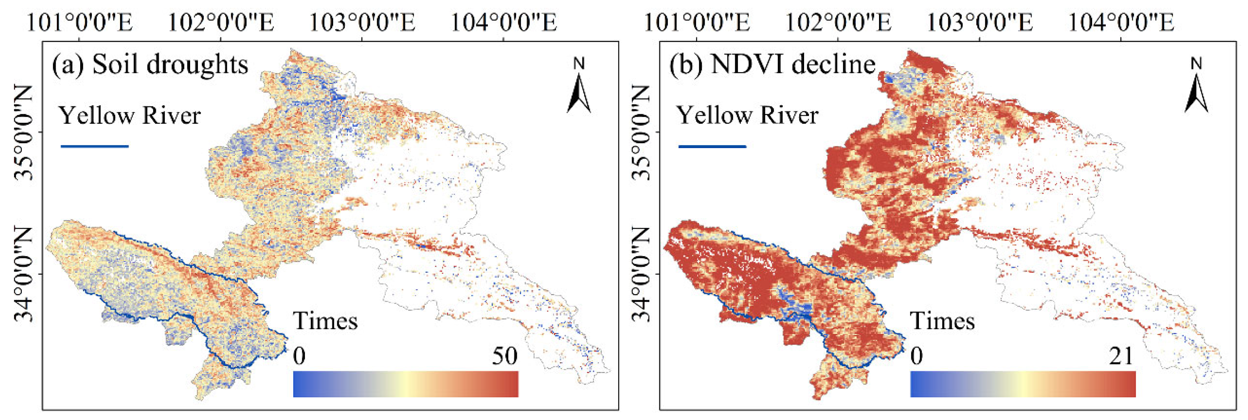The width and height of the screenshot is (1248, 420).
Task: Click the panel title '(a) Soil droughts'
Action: click(x=150, y=65)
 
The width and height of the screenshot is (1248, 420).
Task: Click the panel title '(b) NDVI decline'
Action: click(x=772, y=65)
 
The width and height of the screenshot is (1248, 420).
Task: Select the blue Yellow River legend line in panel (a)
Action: click(x=95, y=146)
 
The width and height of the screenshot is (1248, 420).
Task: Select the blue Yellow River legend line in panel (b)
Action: click(x=712, y=146)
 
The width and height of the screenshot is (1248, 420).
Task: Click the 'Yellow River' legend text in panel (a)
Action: click(x=129, y=116)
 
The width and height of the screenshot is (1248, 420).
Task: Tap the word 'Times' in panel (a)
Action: click(x=325, y=321)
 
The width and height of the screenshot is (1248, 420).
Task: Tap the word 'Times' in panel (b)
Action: click(x=942, y=321)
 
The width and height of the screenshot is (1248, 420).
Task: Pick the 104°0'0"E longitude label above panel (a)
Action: click(x=504, y=22)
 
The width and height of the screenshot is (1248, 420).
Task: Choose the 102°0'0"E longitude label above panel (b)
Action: click(x=838, y=22)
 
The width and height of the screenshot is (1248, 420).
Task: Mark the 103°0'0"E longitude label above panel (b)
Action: click(x=980, y=22)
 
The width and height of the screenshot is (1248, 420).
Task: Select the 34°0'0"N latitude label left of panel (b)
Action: click(x=641, y=274)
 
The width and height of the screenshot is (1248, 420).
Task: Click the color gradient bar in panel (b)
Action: click(x=1023, y=384)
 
